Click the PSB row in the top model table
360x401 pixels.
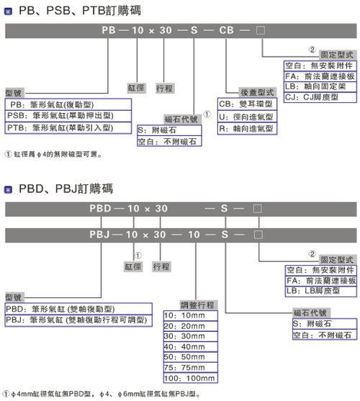(x=68, y=116)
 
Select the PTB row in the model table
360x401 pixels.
(x=68, y=128)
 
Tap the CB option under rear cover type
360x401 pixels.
(x=247, y=104)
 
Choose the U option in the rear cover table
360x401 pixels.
(x=247, y=117)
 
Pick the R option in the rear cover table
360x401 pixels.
(x=247, y=129)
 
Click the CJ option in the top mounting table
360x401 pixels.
(x=320, y=97)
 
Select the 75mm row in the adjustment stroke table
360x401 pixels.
(x=191, y=367)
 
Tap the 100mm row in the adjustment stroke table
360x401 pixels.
(x=191, y=378)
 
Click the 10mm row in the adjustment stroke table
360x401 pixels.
(x=191, y=315)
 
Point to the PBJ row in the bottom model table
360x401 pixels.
(x=78, y=320)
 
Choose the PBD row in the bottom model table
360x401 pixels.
(x=78, y=309)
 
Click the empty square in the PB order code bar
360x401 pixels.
(x=261, y=30)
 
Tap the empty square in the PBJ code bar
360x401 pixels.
(x=258, y=235)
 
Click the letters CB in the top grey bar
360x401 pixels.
(x=226, y=30)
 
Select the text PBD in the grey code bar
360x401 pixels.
(x=100, y=209)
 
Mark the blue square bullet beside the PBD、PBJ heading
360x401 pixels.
(x=8, y=190)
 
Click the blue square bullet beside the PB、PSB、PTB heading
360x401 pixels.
(x=8, y=12)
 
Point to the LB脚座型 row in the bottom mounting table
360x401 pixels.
(x=321, y=292)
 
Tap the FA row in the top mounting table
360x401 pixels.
(x=320, y=76)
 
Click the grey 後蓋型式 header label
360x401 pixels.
(x=257, y=92)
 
